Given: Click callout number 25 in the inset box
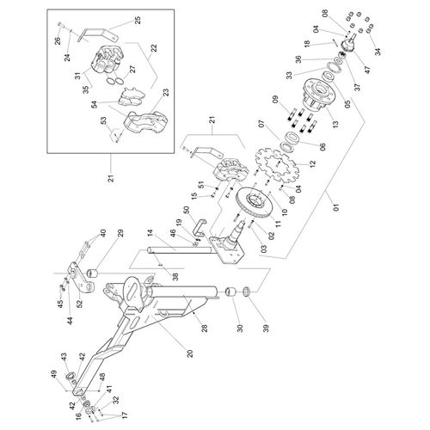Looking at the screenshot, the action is (x=138, y=21).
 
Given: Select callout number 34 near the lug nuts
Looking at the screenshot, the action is (x=378, y=52).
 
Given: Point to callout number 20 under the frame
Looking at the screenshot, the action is (x=189, y=353).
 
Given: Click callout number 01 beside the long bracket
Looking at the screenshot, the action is (x=336, y=207).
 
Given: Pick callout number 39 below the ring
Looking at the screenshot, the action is (x=267, y=329).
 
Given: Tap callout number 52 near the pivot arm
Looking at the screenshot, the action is (x=79, y=304).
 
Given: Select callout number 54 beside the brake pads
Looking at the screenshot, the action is (x=95, y=105).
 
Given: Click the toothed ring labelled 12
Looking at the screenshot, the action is (x=277, y=165).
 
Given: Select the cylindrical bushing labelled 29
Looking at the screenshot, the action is (x=92, y=273).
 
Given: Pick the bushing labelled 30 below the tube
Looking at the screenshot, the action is (x=230, y=292).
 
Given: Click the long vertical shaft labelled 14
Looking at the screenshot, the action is (x=181, y=251).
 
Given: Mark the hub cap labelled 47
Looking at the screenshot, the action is (x=349, y=44).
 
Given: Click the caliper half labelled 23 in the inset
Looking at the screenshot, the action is (x=145, y=122).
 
